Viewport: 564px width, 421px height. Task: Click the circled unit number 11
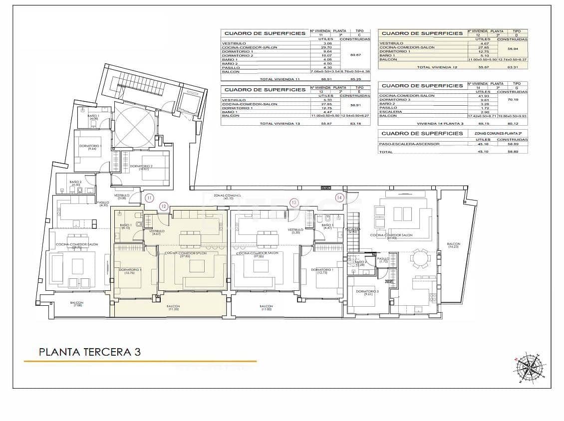pyautogui.click(x=149, y=198)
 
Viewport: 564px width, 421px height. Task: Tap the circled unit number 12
pyautogui.click(x=163, y=206)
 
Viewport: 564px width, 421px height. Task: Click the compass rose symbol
pyautogui.click(x=530, y=368)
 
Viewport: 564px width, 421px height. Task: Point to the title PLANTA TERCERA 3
pyautogui.click(x=90, y=352)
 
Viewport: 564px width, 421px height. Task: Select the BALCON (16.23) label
pyautogui.click(x=454, y=245)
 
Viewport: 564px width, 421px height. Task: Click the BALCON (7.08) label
pyautogui.click(x=77, y=304)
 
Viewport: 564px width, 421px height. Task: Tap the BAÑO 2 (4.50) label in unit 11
pyautogui.click(x=75, y=183)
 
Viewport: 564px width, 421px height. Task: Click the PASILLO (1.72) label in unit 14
pyautogui.click(x=383, y=260)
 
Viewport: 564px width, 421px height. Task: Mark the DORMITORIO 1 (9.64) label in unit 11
pyautogui.click(x=90, y=147)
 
